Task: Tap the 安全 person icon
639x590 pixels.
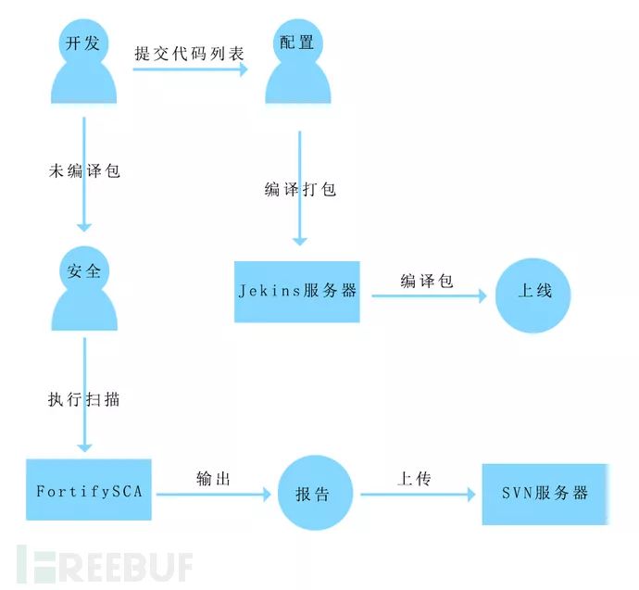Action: (x=84, y=287)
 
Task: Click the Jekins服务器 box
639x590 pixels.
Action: (x=296, y=291)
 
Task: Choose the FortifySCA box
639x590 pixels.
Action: (x=89, y=490)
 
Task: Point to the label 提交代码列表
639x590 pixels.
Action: (x=190, y=53)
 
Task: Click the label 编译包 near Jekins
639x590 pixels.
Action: (x=427, y=281)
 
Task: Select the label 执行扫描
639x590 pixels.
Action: (x=84, y=400)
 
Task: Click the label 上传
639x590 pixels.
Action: (x=415, y=479)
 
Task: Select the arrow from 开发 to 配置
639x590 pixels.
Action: (x=190, y=68)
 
